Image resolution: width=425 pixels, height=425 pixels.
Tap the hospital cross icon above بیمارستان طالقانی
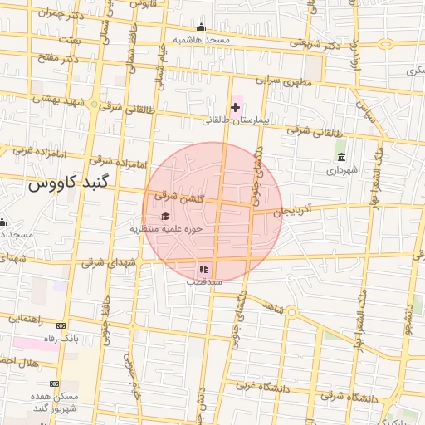pos(236,107)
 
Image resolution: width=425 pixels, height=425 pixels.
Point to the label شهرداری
pos(341,170)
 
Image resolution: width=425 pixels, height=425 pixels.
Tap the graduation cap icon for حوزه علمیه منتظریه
pos(153,217)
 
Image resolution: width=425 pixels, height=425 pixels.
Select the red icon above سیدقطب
pos(204,269)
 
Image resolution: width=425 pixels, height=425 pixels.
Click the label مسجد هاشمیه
pos(201,40)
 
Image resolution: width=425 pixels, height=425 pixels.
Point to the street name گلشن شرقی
pos(178,196)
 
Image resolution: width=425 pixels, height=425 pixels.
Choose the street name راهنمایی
pos(27,318)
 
